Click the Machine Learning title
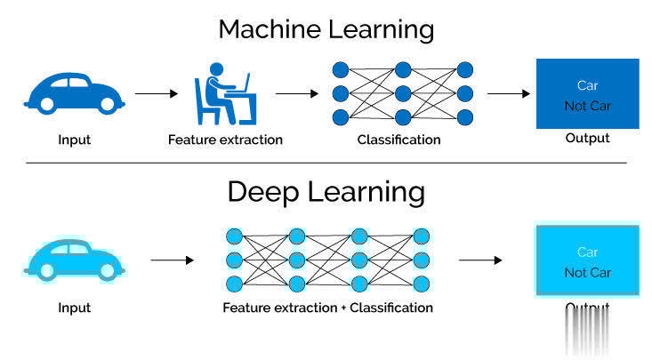pos(326,28)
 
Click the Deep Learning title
pos(326,191)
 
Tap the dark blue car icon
pos(74,92)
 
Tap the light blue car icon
pos(74,260)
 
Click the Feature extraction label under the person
pos(225,140)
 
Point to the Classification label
pos(398,140)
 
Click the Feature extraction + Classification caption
pos(327,308)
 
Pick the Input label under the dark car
pos(74,140)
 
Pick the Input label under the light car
pos(74,308)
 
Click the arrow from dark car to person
pos(157,92)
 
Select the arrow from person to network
pos(296,92)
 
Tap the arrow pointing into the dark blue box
pos(509,92)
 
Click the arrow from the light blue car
pos(172,260)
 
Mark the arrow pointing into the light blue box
pos(480,260)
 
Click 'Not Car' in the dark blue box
pos(587,106)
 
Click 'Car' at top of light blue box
pos(587,252)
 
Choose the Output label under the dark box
pos(587,138)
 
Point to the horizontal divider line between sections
pos(326,163)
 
